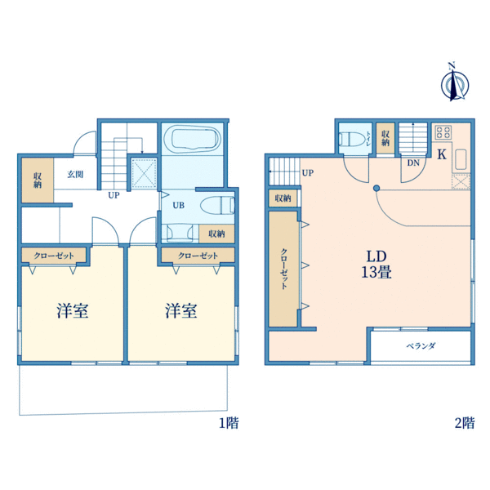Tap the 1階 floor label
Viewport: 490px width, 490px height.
coord(229,423)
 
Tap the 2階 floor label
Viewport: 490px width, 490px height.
coord(464,423)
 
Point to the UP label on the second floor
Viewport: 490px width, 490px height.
coord(307,173)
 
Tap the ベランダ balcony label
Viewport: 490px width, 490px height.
coord(421,345)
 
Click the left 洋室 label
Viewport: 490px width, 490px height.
coord(73,311)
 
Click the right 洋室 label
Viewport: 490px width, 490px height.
coord(181,311)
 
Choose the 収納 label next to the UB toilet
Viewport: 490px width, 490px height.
coord(216,234)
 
